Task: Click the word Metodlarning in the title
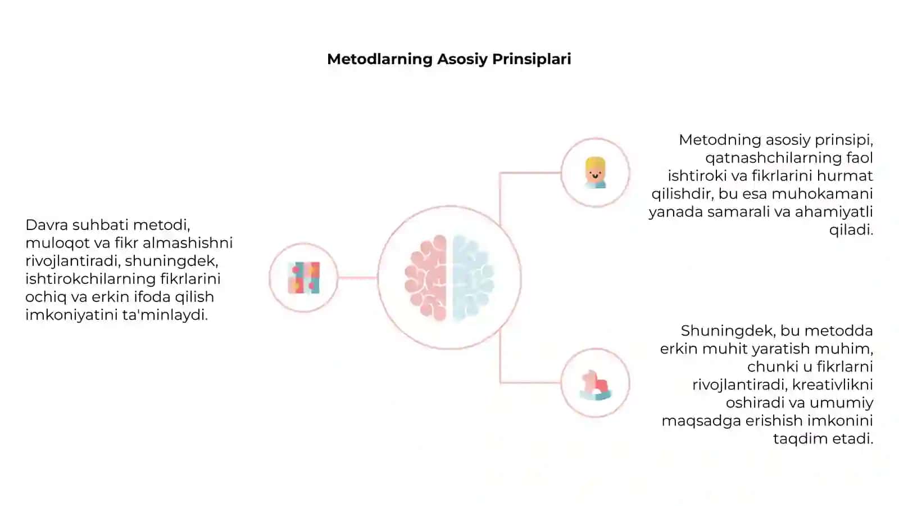coord(380,59)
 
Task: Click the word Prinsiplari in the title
coord(532,60)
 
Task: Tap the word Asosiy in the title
coord(462,60)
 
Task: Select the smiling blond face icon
coord(595,173)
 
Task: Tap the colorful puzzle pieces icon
coord(304,278)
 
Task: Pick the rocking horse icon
coord(596,385)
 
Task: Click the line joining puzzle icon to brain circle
coord(357,278)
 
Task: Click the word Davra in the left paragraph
coord(47,225)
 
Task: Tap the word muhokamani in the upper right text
coord(822,193)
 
